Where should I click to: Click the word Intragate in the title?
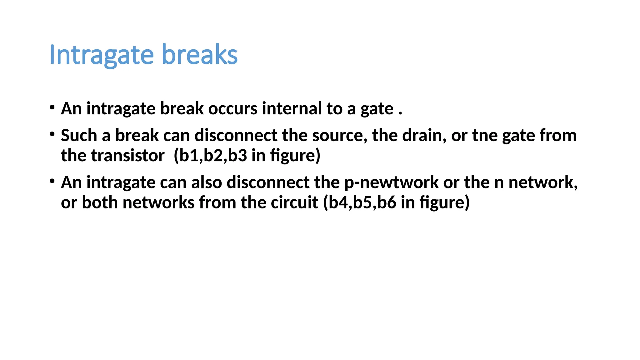pyautogui.click(x=102, y=55)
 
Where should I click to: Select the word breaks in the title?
pyautogui.click(x=200, y=55)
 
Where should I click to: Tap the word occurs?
pyautogui.click(x=233, y=109)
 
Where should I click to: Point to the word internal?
pyautogui.click(x=292, y=109)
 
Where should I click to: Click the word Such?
pyautogui.click(x=79, y=136)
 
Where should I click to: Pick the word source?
pyautogui.click(x=340, y=136)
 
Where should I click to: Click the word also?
pyautogui.click(x=207, y=182)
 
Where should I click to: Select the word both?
pyautogui.click(x=100, y=202)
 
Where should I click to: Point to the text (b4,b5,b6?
pyautogui.click(x=360, y=202)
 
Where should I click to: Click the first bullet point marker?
pyautogui.click(x=52, y=107)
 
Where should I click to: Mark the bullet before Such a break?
pyautogui.click(x=52, y=134)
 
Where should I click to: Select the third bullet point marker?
pyautogui.click(x=52, y=181)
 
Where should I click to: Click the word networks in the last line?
pyautogui.click(x=158, y=202)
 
